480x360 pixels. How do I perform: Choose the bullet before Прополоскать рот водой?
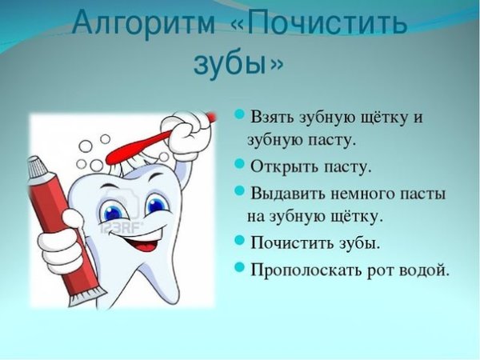(239, 269)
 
